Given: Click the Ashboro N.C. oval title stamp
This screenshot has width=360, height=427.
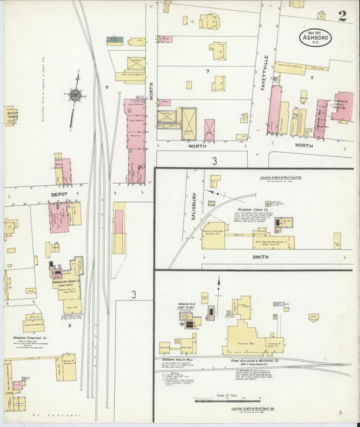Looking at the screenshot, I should pyautogui.click(x=315, y=36).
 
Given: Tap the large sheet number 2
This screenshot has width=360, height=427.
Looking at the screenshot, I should pyautogui.click(x=342, y=16).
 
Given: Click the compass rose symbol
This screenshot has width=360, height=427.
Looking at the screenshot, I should pyautogui.click(x=74, y=95).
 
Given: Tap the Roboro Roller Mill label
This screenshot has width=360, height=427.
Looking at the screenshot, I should pyautogui.click(x=179, y=359).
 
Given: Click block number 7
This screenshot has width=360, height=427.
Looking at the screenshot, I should pyautogui.click(x=208, y=71).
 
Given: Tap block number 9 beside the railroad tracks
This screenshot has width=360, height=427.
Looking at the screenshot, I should pyautogui.click(x=106, y=87).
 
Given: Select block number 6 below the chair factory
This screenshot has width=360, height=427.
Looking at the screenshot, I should pyautogui.click(x=70, y=325).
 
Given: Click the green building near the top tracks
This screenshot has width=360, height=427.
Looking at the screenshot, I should pyautogui.click(x=115, y=41).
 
